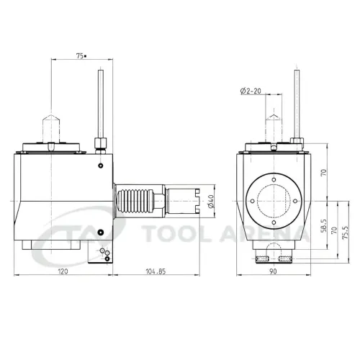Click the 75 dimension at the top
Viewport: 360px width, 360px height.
[81, 55]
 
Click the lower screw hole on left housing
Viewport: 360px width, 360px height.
[101, 232]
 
